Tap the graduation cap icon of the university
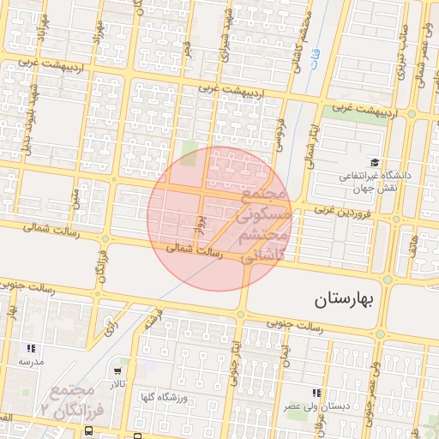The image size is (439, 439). point(374,162)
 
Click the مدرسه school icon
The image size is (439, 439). point(31,349)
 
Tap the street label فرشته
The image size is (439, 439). point(153,321)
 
